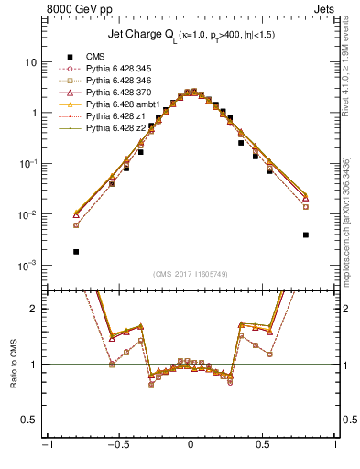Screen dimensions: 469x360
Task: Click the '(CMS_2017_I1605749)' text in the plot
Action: point(191,273)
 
